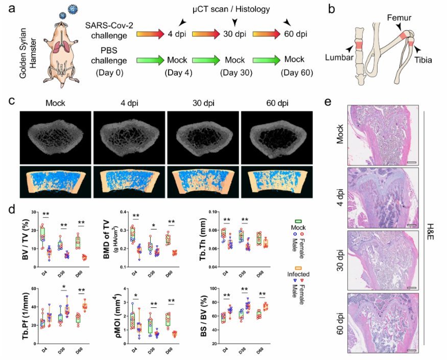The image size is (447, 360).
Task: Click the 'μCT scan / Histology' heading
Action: (x=235, y=9)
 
